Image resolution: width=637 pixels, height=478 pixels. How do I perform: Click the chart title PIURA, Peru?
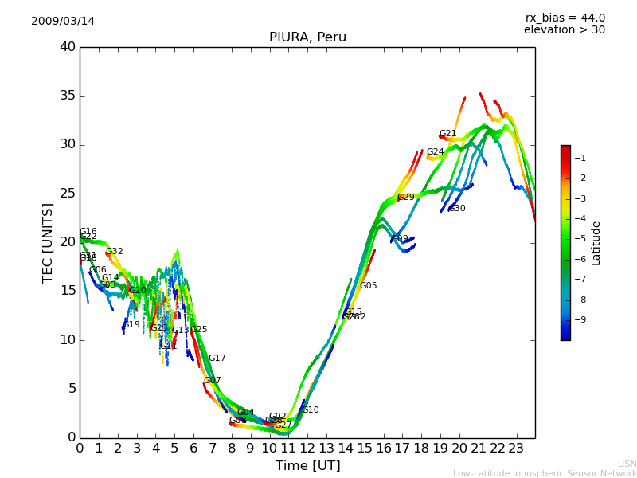[x=307, y=37]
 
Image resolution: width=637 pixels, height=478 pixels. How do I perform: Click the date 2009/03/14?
[x=63, y=22]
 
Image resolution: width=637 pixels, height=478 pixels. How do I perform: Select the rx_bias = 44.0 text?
[x=565, y=18]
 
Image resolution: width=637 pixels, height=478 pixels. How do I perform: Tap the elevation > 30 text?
[x=565, y=30]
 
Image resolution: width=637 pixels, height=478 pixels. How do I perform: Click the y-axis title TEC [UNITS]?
[x=49, y=242]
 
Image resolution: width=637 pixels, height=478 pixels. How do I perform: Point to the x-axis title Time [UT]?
[x=307, y=466]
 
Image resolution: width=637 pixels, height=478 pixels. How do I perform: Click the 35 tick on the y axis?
[x=68, y=96]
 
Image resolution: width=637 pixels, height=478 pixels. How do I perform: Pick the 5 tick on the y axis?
[x=71, y=389]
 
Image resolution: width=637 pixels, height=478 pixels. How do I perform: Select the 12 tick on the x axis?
[x=307, y=448]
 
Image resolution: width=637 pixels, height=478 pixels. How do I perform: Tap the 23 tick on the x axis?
[x=516, y=448]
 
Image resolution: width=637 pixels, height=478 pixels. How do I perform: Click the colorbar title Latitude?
[x=596, y=243]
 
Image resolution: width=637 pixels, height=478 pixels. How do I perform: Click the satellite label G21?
[x=448, y=134]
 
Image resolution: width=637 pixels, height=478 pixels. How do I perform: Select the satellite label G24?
[x=435, y=152]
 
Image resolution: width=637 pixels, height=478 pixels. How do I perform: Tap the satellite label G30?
[x=457, y=209]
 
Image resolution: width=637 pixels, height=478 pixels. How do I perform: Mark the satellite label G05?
[x=369, y=286]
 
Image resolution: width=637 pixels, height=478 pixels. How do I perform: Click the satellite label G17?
[x=217, y=358]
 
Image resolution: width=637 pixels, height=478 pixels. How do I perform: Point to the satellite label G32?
[x=115, y=252]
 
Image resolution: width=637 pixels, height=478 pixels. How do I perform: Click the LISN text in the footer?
[x=627, y=464]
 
